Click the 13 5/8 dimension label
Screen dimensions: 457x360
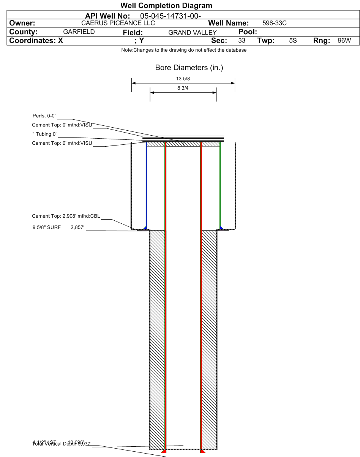(x=183, y=79)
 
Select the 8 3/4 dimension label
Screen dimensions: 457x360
(x=183, y=88)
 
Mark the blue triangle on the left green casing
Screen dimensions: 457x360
(x=145, y=227)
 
